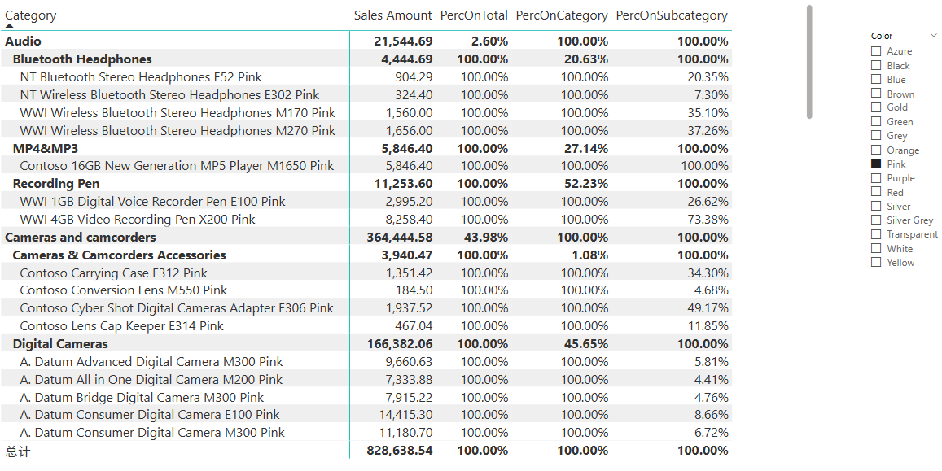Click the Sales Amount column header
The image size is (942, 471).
point(392,15)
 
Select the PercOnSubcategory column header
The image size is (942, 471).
point(671,15)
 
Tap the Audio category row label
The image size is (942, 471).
point(23,41)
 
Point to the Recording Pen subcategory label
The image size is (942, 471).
point(56,184)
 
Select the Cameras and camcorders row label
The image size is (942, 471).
point(80,238)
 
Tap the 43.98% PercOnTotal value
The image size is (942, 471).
point(489,238)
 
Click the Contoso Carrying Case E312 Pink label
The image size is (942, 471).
point(113,273)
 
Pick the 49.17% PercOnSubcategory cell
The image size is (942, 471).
point(708,308)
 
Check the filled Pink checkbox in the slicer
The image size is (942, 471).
point(876,164)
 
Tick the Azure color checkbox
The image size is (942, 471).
point(876,51)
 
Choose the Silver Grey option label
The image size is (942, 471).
point(909,220)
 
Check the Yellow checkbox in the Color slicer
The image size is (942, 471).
point(876,262)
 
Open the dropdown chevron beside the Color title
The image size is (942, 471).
point(933,36)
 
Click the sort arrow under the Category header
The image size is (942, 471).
point(10,26)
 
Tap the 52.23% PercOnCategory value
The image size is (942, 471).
point(585,184)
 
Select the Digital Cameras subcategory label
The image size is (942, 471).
point(60,344)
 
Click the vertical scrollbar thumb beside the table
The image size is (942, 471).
point(809,61)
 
